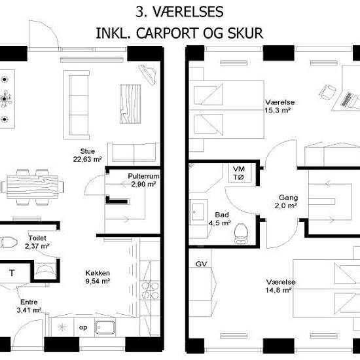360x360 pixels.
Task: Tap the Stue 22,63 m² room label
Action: (x=87, y=155)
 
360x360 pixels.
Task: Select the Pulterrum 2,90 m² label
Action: (x=143, y=180)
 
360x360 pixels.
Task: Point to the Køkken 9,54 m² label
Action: (x=98, y=277)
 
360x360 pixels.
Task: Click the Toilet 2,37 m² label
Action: (x=37, y=242)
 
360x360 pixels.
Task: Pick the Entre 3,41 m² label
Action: (x=29, y=306)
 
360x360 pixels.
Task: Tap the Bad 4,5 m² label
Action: (x=220, y=219)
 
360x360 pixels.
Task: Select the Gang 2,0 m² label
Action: (x=286, y=202)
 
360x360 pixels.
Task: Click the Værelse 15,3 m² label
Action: (x=279, y=106)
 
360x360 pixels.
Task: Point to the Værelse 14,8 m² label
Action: (x=281, y=286)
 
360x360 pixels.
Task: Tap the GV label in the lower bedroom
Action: (x=201, y=264)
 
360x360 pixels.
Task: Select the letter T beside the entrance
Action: (x=12, y=273)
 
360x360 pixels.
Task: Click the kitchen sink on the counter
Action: (x=105, y=327)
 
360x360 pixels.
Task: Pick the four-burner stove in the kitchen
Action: (x=150, y=291)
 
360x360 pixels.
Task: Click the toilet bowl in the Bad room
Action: (x=241, y=234)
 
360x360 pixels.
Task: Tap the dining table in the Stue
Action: (x=32, y=187)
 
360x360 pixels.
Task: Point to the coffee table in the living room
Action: (x=130, y=104)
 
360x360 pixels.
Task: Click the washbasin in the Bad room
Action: (x=198, y=212)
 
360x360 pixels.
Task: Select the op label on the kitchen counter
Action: (x=83, y=328)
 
